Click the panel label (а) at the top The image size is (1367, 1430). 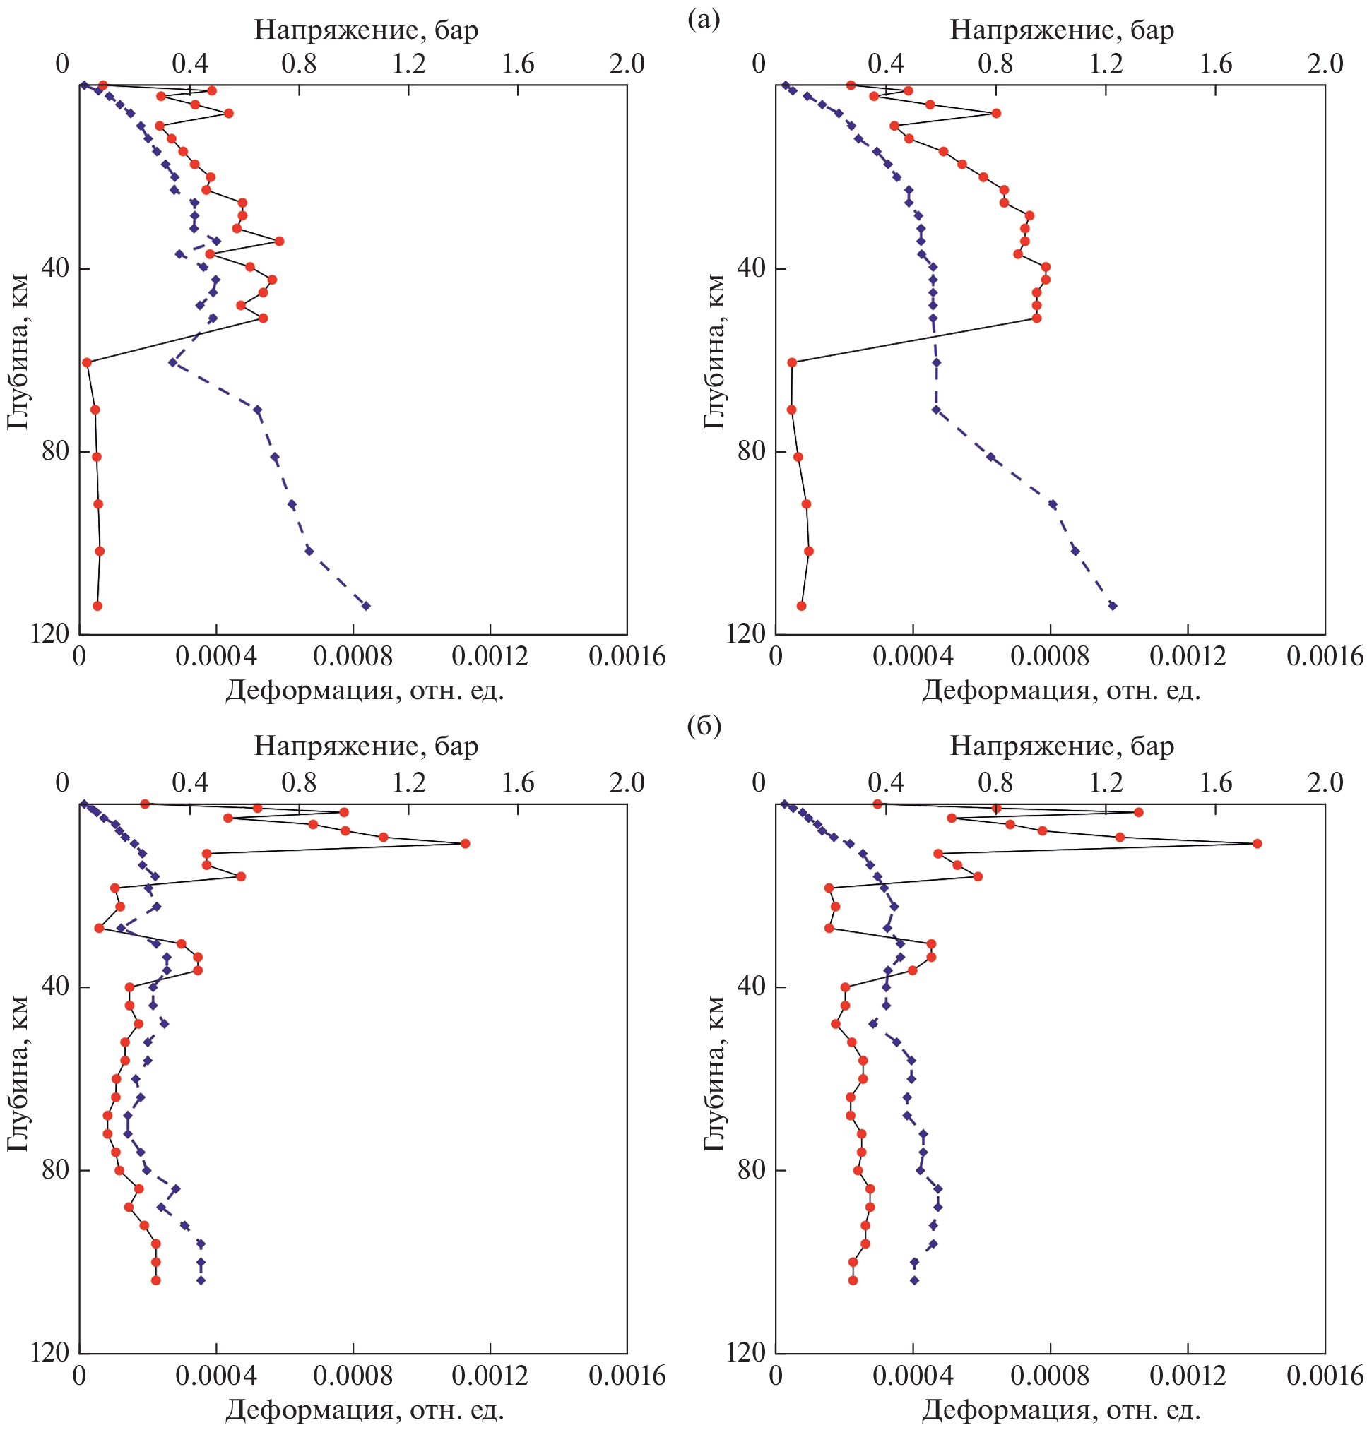coord(703,20)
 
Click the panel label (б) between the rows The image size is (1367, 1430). coord(704,726)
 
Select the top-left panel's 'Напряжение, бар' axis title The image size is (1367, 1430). coord(366,30)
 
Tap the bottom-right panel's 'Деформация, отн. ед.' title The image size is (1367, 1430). coord(1061,1410)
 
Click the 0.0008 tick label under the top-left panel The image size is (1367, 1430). coord(352,657)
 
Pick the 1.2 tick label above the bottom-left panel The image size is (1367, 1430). coord(409,782)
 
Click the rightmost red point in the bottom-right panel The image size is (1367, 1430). coord(1257,844)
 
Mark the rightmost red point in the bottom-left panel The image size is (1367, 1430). coord(465,844)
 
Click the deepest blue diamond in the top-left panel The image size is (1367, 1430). coord(366,606)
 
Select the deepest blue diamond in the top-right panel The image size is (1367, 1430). coord(1112,606)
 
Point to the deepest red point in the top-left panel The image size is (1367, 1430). coord(97,606)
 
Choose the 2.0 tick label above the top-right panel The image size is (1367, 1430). coord(1325,64)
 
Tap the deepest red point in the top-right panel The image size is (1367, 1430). coord(802,606)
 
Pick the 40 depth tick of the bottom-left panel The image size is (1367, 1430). coord(54,987)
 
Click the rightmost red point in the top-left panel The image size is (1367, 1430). coord(278,241)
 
